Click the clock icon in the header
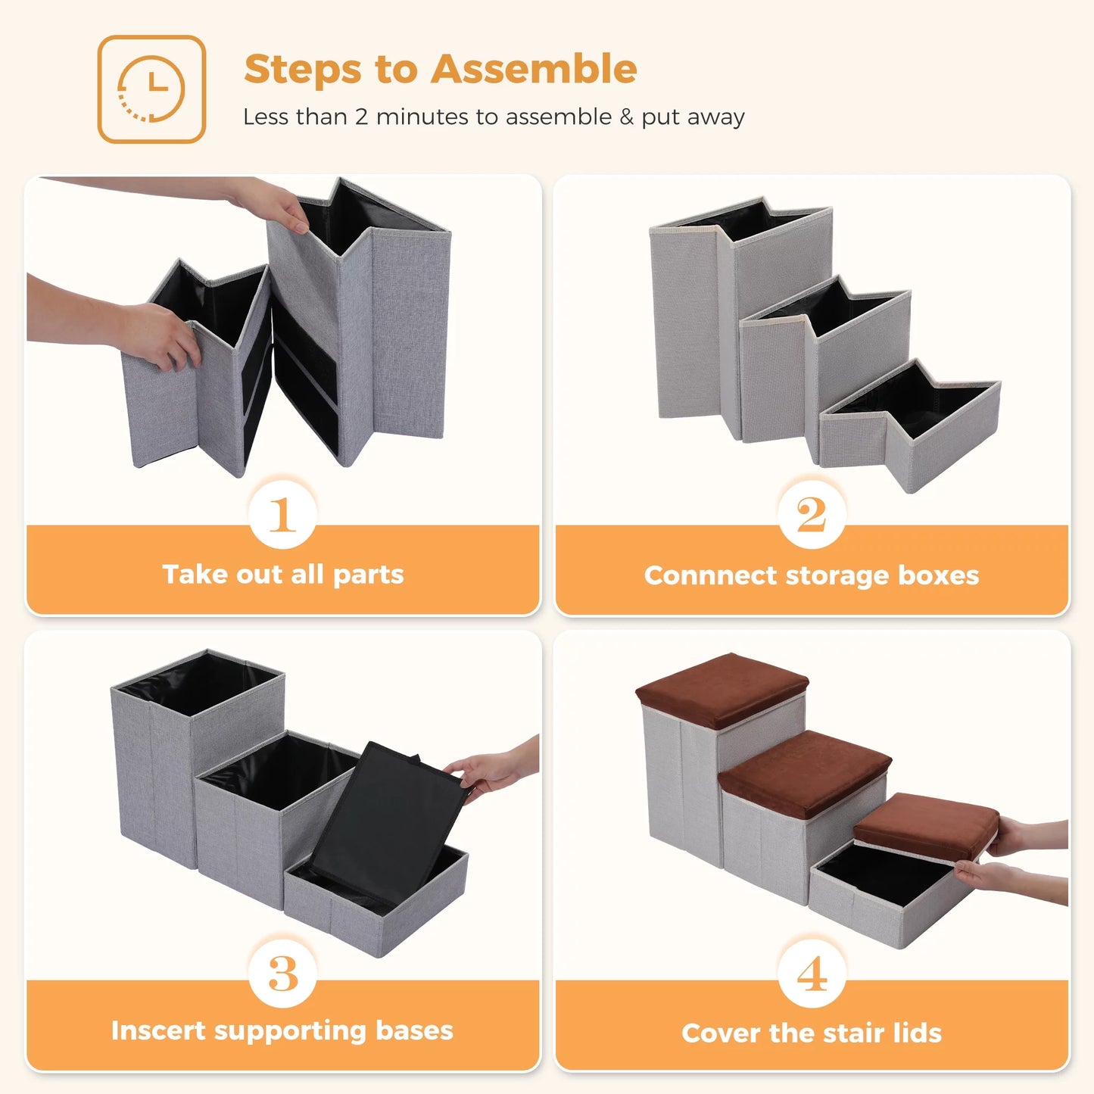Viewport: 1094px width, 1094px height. (x=151, y=89)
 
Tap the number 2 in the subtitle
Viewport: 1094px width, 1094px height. (x=362, y=117)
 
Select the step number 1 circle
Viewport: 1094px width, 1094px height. (x=282, y=515)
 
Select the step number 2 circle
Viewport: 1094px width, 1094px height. (x=811, y=515)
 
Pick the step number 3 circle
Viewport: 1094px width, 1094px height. (x=282, y=974)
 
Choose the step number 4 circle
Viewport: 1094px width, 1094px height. (x=811, y=974)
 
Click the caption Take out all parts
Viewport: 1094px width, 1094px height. (x=282, y=575)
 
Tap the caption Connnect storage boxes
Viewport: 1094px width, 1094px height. (x=811, y=576)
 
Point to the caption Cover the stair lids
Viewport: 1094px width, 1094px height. (x=811, y=1033)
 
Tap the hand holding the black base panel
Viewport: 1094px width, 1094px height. (x=492, y=768)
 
